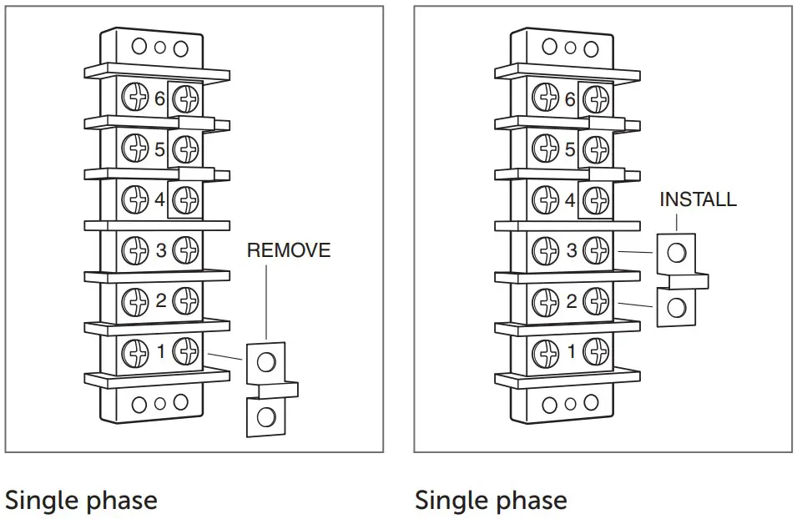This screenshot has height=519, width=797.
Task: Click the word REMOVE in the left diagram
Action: coord(289,250)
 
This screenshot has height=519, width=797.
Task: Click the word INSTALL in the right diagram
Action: coord(698,200)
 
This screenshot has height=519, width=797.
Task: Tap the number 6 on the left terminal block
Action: coord(160,99)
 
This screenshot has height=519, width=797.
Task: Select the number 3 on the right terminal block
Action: coord(571,249)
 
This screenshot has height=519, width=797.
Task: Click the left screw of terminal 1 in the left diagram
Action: coord(134,351)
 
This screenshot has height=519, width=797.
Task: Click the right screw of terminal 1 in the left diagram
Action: coord(185,351)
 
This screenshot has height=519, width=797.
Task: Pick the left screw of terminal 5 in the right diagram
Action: coord(545,149)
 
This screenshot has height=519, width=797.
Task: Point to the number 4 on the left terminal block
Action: coord(160,199)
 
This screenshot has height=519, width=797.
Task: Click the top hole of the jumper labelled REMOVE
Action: coord(266,361)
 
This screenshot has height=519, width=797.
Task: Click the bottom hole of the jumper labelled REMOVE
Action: coord(266,416)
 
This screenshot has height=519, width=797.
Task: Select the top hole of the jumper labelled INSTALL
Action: coord(677,251)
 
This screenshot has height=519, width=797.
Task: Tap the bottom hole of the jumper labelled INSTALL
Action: coord(677,307)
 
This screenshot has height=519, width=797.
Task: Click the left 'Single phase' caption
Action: coord(81,501)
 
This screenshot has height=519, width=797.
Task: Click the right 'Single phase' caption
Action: coord(491,501)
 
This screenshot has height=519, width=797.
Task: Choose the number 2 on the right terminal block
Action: coord(571,300)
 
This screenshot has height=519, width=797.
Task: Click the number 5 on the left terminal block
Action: coord(160,149)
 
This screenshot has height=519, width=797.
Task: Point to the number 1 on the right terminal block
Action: coord(571,351)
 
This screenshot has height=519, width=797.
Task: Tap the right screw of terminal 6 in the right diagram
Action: coord(596,99)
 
